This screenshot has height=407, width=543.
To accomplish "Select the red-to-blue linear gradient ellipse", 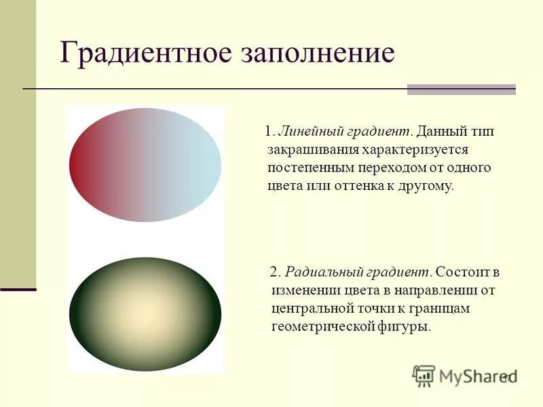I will pos(145,164).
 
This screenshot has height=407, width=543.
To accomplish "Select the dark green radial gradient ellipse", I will pos(145,313).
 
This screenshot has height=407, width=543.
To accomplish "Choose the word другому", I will pos(426,185).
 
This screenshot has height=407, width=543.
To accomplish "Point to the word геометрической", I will pos(322,327).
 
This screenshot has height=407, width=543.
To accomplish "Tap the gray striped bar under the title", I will pos(461,90).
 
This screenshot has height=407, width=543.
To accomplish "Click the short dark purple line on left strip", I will pos(18,290).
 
